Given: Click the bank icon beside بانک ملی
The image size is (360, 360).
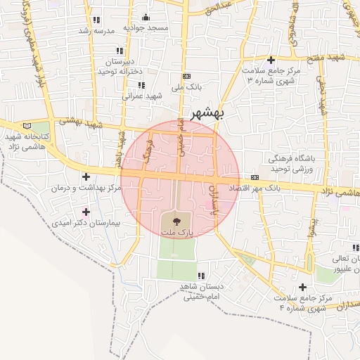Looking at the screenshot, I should pyautogui.click(x=186, y=76).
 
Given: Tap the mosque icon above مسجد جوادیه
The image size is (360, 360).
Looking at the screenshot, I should pyautogui.click(x=146, y=18).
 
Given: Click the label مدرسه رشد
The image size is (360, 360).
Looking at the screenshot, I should pyautogui.click(x=96, y=32).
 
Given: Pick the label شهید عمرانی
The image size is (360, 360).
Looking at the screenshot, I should pyautogui.click(x=143, y=95).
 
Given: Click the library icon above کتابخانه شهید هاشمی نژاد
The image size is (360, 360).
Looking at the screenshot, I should pyautogui.click(x=27, y=124).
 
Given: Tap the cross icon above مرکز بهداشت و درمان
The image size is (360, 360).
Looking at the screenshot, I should pyautogui.click(x=86, y=176).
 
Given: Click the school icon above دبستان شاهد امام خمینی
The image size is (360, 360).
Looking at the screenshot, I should pyautogui.click(x=200, y=275).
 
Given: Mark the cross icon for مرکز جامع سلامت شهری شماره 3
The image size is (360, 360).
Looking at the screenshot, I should pyautogui.click(x=271, y=60).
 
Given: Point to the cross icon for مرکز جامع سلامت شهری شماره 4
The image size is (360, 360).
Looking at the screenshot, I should pyautogui.click(x=303, y=287).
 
